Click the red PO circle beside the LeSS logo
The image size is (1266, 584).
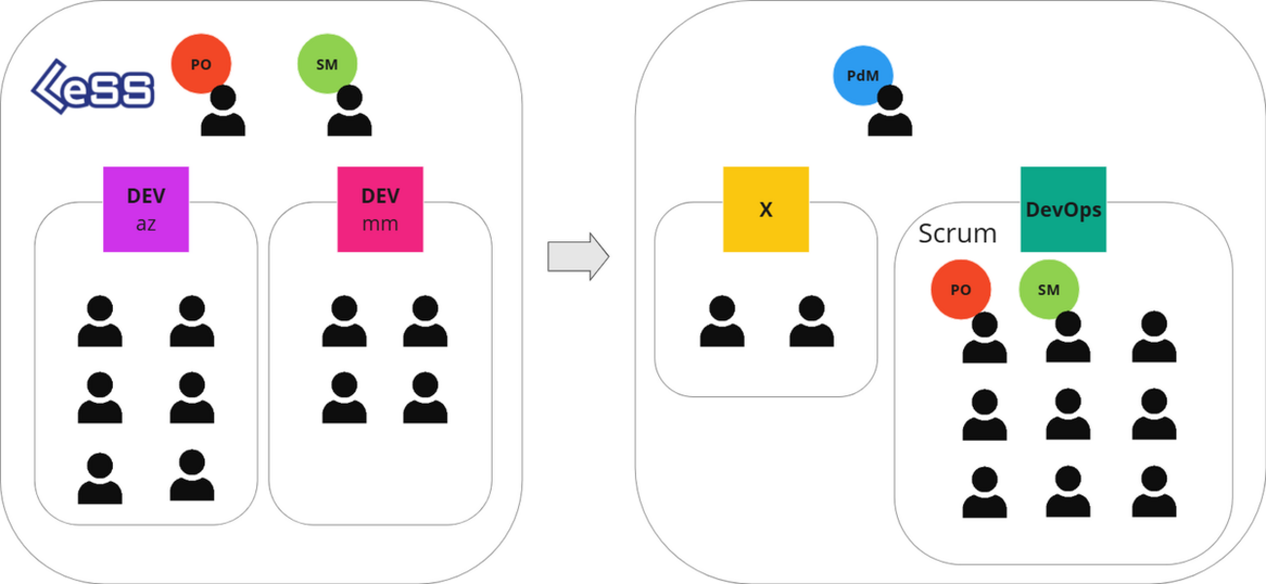pos(201,64)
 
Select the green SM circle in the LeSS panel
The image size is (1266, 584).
pos(327,64)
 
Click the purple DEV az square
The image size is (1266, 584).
pos(146,208)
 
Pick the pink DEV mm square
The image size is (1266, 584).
pos(381,208)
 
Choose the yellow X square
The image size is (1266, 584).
pos(765,209)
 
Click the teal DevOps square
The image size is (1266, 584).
pos(1063,209)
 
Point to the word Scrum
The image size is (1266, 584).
pos(957,234)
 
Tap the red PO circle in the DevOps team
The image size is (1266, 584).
pos(960,289)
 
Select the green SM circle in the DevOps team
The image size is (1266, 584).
pos(1049,289)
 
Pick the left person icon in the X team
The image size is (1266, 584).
pos(722,322)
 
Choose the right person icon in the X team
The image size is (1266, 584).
pos(811,322)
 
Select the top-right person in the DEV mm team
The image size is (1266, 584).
pos(425,322)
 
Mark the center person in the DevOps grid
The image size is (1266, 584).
pos(1068,415)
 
